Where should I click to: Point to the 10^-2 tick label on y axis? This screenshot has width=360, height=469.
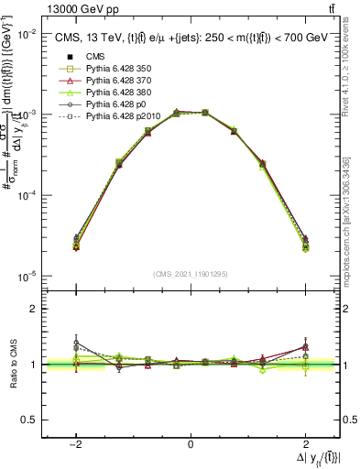pyautogui.click(x=27, y=34)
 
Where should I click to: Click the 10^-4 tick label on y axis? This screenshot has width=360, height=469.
pyautogui.click(x=27, y=196)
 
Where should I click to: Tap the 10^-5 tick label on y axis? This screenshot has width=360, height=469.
pyautogui.click(x=27, y=277)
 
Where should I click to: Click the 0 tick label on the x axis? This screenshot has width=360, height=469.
pyautogui.click(x=191, y=444)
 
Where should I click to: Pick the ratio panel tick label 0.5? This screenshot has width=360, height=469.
pyautogui.click(x=30, y=420)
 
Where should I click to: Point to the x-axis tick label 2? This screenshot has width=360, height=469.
pyautogui.click(x=305, y=444)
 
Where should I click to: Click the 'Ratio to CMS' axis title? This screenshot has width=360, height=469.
pyautogui.click(x=11, y=365)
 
